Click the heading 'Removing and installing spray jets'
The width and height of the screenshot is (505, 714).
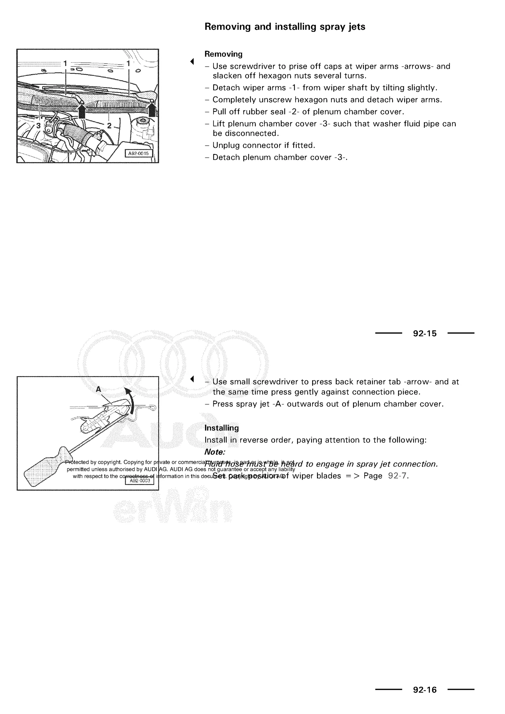(x=285, y=27)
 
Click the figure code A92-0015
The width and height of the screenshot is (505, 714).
(x=138, y=153)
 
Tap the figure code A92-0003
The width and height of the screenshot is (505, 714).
(x=140, y=481)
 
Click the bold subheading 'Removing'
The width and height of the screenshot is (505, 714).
(x=223, y=54)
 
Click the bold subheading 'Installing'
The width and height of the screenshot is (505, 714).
(x=221, y=428)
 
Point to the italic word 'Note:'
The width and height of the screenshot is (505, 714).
(x=215, y=452)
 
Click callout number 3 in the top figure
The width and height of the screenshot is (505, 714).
(x=38, y=126)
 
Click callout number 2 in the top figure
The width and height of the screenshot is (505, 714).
(x=109, y=126)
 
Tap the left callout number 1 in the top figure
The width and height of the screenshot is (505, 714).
(x=65, y=63)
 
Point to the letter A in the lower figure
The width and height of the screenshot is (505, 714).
(x=99, y=389)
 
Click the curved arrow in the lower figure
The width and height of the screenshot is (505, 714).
(x=132, y=401)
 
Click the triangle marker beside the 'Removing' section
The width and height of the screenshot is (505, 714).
(x=192, y=62)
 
